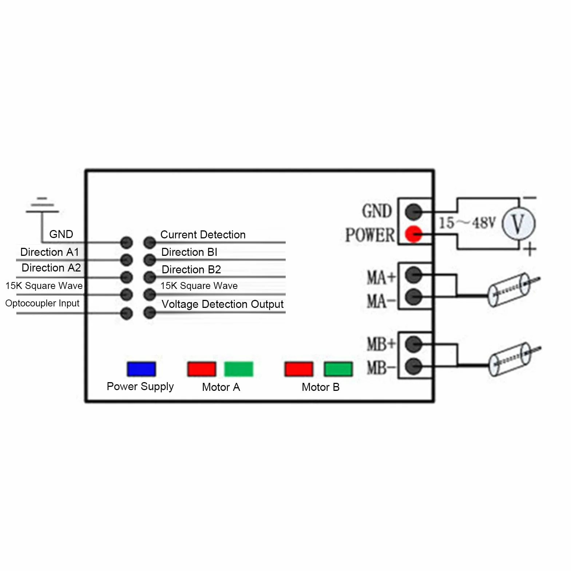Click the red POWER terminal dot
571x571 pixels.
(413, 234)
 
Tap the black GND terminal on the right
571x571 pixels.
(413, 211)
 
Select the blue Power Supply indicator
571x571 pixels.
(141, 369)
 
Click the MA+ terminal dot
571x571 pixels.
(413, 274)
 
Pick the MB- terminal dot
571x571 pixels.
(413, 366)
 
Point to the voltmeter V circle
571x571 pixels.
(519, 223)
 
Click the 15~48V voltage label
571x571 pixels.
(467, 222)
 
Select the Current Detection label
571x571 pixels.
(203, 235)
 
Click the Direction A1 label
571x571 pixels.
(49, 252)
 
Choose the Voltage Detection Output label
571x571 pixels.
(222, 304)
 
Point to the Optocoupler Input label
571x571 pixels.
(42, 303)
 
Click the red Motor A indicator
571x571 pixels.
(202, 369)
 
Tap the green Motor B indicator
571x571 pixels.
(338, 369)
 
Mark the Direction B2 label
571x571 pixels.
(191, 270)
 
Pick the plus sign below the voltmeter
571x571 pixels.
(530, 250)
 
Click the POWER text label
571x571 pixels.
(370, 235)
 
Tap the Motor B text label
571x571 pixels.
(321, 387)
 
